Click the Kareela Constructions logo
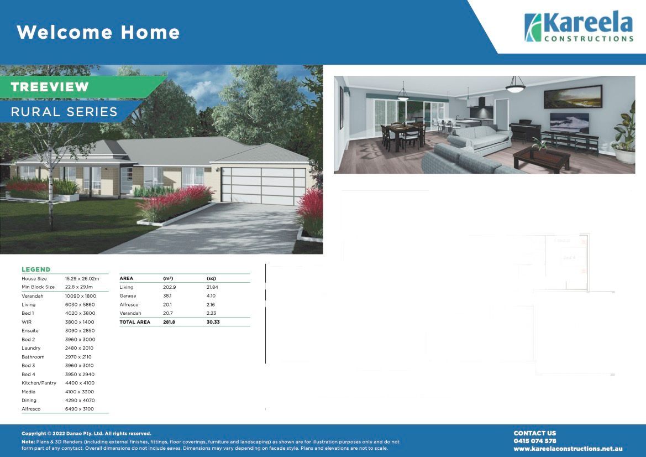(x=578, y=28)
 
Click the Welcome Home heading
(x=98, y=32)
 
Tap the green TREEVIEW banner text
(x=50, y=87)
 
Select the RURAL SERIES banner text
(x=64, y=112)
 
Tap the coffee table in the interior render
(x=541, y=159)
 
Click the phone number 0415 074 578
(x=534, y=441)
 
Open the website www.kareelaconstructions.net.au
(x=568, y=449)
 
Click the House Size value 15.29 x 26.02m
(x=82, y=279)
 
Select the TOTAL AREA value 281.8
(x=169, y=322)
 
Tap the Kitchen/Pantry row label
(x=39, y=383)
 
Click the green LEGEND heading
(x=36, y=269)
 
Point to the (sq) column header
(x=211, y=278)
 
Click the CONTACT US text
(x=534, y=433)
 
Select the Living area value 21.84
(x=212, y=287)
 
